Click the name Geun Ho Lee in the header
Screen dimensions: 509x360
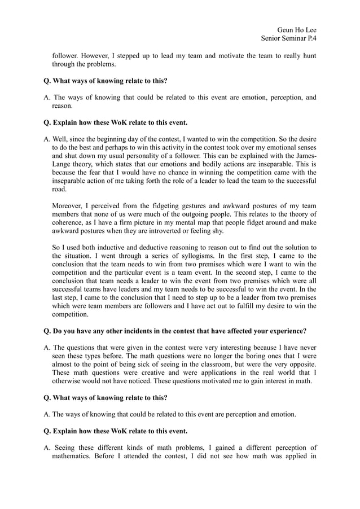tap(297, 29)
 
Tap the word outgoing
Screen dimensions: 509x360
tap(200, 213)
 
